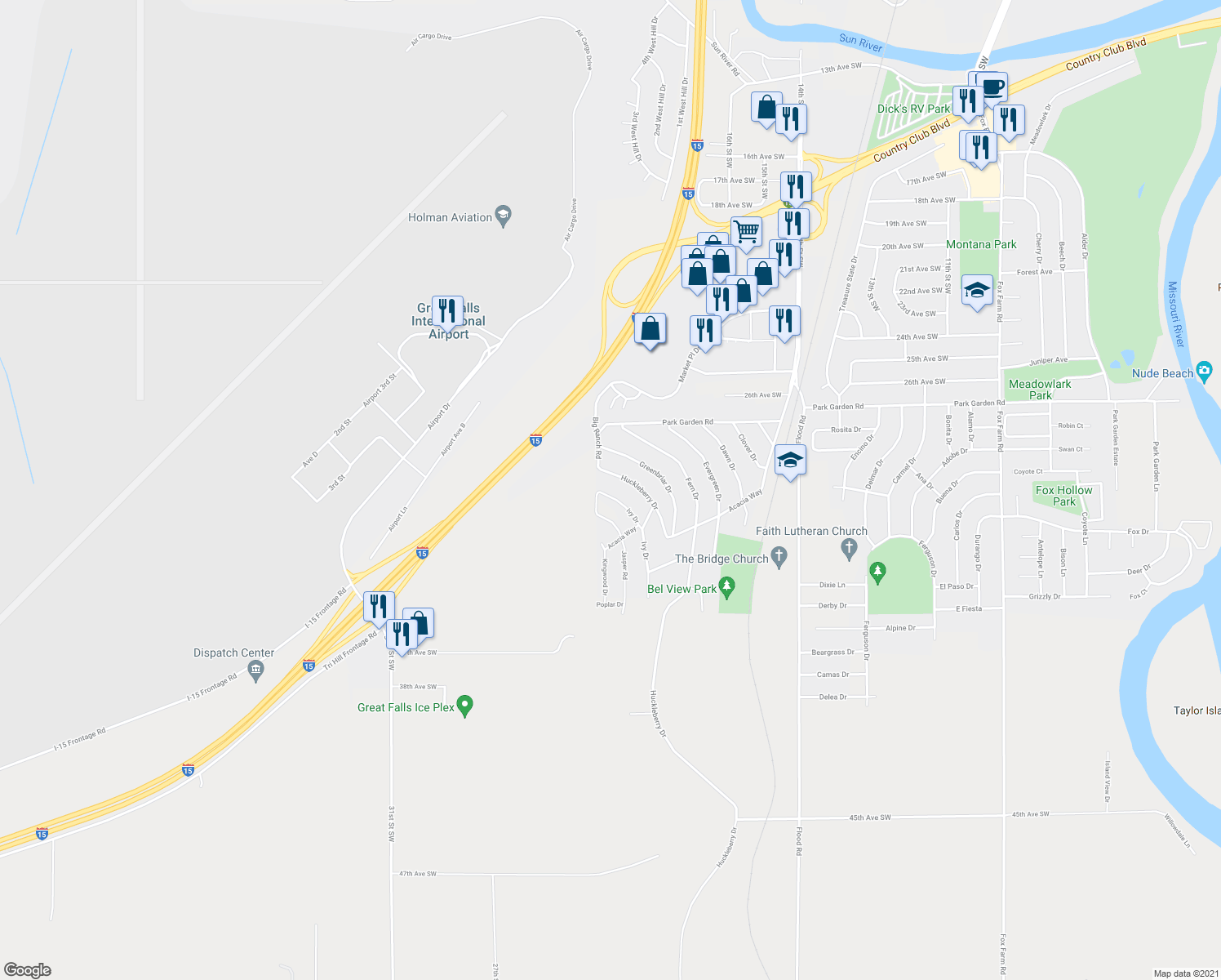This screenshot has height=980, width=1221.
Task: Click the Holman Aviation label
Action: coord(451,217)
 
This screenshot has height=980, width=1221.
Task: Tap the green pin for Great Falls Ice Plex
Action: coord(465,706)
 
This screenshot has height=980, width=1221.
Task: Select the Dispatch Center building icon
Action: coord(255,671)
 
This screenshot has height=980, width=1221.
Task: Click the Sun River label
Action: coord(860,43)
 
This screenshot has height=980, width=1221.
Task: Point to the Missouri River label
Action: coord(1174,314)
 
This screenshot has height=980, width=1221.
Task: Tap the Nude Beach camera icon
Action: coord(1204,372)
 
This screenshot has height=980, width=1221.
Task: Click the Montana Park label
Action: coord(981,244)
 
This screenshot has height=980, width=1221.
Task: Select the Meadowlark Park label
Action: coord(1040,390)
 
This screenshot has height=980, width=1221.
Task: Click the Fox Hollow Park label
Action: coord(1063,496)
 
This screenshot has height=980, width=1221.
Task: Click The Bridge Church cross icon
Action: coord(779,558)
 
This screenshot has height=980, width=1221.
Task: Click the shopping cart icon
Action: coord(746,232)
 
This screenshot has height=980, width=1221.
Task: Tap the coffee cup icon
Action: coord(992,87)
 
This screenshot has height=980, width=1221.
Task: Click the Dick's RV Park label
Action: coord(913,109)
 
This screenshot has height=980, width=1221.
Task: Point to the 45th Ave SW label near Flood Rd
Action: coord(869,817)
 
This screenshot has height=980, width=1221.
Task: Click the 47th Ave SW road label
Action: coord(417,874)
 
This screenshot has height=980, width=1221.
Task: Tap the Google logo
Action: coord(27,969)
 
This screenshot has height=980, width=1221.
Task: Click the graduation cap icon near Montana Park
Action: coord(977,290)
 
